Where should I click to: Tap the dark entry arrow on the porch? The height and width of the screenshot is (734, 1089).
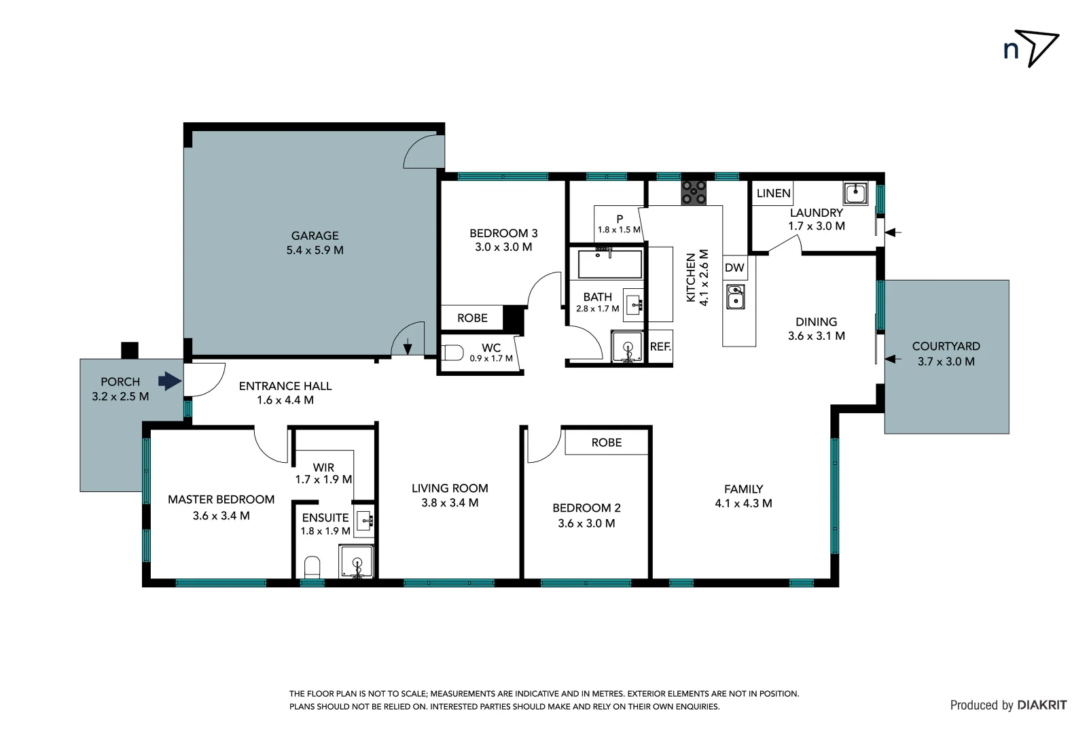tap(169, 381)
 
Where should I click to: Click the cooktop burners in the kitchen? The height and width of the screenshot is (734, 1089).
tap(694, 192)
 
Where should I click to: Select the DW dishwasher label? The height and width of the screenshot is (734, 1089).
tap(734, 268)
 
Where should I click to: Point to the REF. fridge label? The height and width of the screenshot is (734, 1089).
tap(660, 347)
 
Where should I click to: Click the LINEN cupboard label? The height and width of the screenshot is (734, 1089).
tap(773, 193)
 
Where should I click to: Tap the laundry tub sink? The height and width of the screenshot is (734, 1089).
tap(855, 193)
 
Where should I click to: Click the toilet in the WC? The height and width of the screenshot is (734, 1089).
tap(452, 353)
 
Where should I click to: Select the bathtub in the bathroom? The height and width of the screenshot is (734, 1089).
tap(609, 264)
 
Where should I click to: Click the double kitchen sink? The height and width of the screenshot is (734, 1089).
tap(735, 297)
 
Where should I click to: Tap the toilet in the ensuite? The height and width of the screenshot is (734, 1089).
tap(312, 567)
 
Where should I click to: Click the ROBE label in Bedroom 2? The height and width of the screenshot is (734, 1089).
tap(606, 442)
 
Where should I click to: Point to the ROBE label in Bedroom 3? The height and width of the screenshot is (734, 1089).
tap(472, 318)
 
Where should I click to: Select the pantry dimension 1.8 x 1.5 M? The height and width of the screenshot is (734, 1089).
tap(619, 230)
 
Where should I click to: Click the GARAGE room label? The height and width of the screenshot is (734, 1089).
tap(315, 236)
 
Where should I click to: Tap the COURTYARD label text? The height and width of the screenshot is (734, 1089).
tap(946, 347)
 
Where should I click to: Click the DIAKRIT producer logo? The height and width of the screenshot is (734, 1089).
tap(1041, 705)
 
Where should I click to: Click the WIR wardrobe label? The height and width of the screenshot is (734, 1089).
tap(323, 468)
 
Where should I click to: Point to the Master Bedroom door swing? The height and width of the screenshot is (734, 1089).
tap(270, 446)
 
